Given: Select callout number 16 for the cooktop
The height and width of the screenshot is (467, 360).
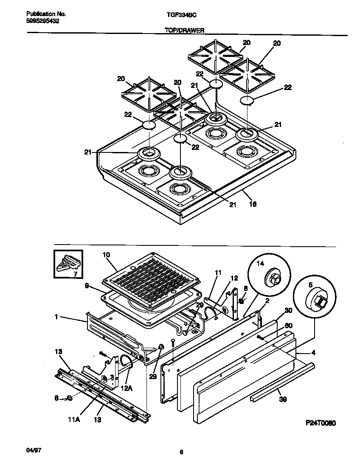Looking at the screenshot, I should pyautogui.click(x=253, y=204).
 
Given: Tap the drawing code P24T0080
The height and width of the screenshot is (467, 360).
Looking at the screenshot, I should pyautogui.click(x=321, y=423).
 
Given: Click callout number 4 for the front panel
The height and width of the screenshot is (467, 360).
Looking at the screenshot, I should pyautogui.click(x=312, y=352).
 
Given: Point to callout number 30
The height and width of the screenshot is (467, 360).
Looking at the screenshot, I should pyautogui.click(x=288, y=311).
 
